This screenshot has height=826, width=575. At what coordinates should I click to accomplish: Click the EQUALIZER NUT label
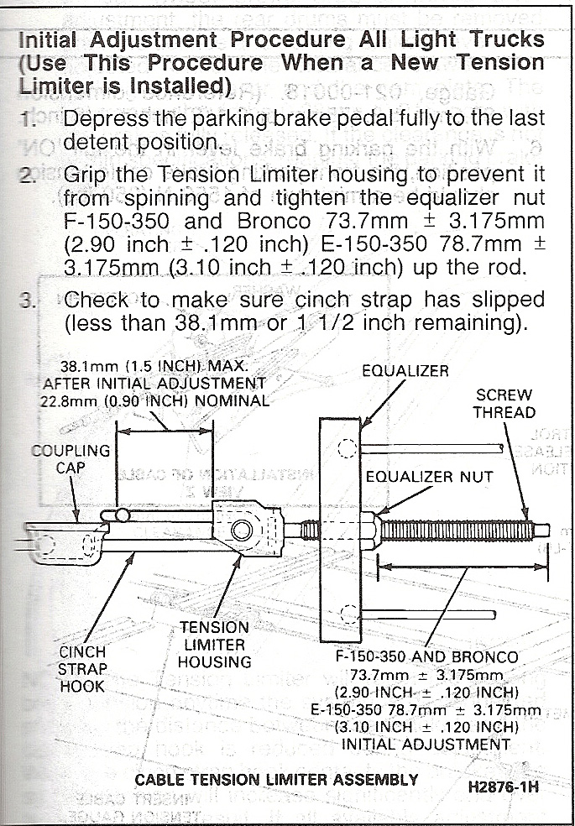point(429,478)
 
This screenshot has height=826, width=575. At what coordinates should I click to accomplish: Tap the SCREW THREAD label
point(504,403)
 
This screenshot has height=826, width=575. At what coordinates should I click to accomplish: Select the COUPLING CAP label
point(71,458)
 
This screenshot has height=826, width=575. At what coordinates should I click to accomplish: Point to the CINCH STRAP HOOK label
point(82,668)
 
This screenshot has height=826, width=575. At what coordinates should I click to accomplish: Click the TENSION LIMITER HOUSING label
point(214,644)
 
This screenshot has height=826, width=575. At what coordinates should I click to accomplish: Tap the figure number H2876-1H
point(504,789)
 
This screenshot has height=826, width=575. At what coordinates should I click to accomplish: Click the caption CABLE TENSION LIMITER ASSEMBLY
point(276,780)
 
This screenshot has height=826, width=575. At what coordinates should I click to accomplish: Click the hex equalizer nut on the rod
point(370,530)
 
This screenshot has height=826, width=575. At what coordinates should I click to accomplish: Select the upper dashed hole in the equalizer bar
point(348,448)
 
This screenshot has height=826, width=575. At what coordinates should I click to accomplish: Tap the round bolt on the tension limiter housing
point(243,530)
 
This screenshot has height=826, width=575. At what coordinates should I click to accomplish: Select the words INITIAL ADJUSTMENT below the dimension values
point(426,743)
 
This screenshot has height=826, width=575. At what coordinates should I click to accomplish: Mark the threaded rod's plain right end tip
point(542,530)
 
